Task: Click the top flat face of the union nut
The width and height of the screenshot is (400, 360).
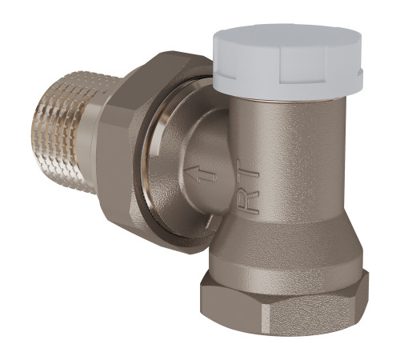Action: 152,68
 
